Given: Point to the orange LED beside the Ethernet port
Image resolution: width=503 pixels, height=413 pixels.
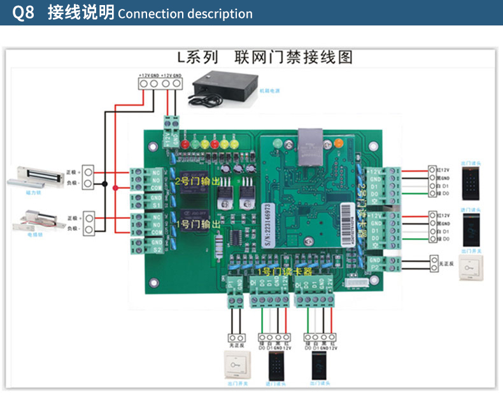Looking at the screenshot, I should pyautogui.click(x=338, y=143).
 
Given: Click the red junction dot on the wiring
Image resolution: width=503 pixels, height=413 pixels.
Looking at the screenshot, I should pyautogui.click(x=115, y=188).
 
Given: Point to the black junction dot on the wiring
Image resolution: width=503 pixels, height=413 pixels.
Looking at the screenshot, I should pyautogui.click(x=105, y=183).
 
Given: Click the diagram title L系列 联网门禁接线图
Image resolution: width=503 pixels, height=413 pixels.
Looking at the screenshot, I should pyautogui.click(x=264, y=58).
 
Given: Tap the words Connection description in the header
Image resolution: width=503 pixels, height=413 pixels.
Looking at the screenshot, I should pyautogui.click(x=185, y=13).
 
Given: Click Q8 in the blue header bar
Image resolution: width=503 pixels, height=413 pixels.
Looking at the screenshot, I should pyautogui.click(x=23, y=13).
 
